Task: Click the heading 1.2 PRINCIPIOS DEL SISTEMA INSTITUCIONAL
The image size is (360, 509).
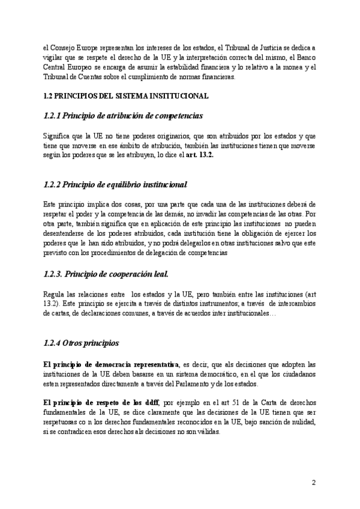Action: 126,95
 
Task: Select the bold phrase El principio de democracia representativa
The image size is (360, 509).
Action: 112,364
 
